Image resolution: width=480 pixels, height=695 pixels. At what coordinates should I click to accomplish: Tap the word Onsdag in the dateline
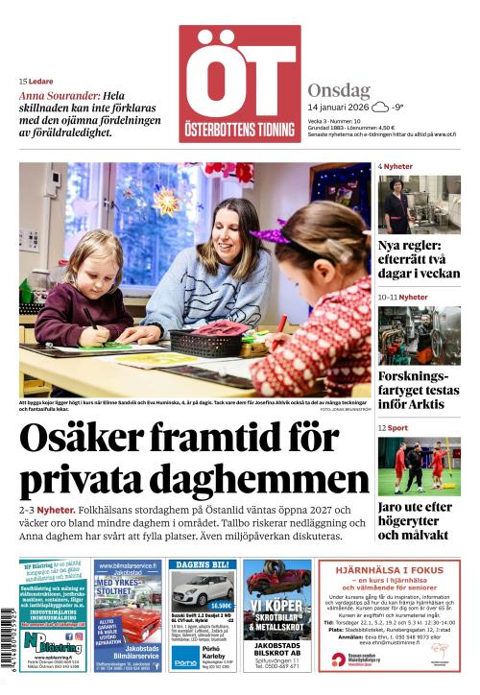click(339, 91)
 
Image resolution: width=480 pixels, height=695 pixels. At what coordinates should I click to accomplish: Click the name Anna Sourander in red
click(59, 97)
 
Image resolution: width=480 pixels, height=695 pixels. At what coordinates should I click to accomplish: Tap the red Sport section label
click(397, 428)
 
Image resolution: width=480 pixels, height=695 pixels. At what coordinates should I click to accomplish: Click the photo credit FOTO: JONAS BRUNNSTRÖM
click(345, 410)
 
